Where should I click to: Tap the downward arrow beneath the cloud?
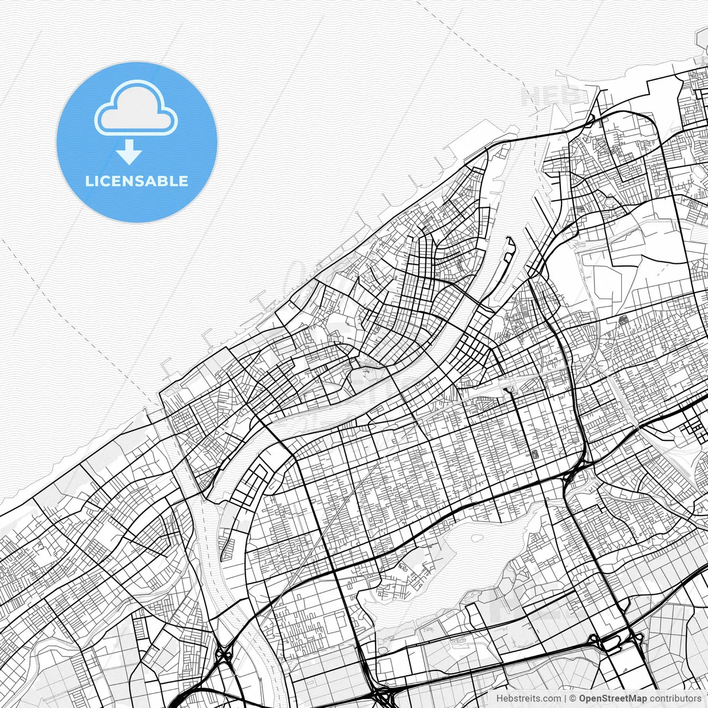click(129, 152)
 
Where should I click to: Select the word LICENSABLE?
click(137, 181)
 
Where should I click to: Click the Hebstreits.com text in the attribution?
click(528, 699)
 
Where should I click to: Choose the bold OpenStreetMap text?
click(613, 699)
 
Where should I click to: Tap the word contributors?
click(675, 699)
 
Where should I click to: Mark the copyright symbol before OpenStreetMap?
click(573, 699)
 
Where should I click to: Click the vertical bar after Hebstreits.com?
click(565, 699)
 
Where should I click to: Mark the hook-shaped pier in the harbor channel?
click(509, 249)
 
